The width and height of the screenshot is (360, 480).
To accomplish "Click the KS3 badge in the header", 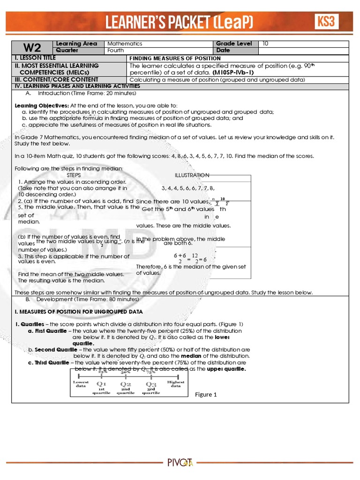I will pos(326,21).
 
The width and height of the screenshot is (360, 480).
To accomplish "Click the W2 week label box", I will pos(33,47).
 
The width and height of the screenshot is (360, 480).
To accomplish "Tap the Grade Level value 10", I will pos(266,44).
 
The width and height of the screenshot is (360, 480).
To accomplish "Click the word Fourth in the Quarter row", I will pos(116,50).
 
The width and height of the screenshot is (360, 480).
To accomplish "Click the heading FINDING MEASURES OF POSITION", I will pos(175,58).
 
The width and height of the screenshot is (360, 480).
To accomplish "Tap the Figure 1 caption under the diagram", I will pos(206,394).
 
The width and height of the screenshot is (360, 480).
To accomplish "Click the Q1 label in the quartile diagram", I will pos(102,385).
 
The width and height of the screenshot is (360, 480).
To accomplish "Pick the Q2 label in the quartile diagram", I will pos(126,385).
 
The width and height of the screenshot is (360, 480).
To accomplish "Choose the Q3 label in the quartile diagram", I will pos(150,385).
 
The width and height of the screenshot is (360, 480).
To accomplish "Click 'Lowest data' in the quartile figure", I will pos(81,384).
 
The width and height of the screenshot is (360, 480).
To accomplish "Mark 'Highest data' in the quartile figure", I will pos(175,384).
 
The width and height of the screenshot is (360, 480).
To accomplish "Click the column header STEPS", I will pos(74,175).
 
